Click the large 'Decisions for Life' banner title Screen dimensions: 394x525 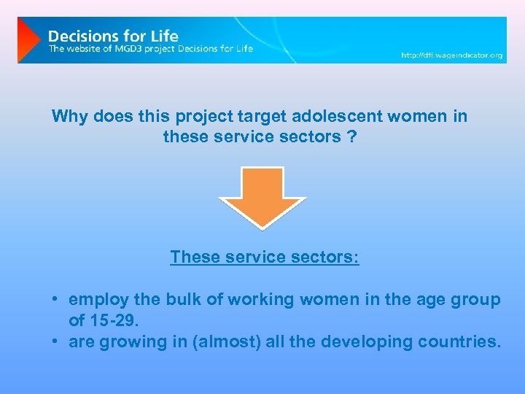coord(113,35)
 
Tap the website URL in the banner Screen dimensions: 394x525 coord(452,55)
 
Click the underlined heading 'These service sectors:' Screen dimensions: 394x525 coord(264,258)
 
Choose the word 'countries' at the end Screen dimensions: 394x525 coord(462,341)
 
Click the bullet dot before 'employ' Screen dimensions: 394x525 coord(55,300)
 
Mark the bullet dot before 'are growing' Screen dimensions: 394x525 coord(55,341)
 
